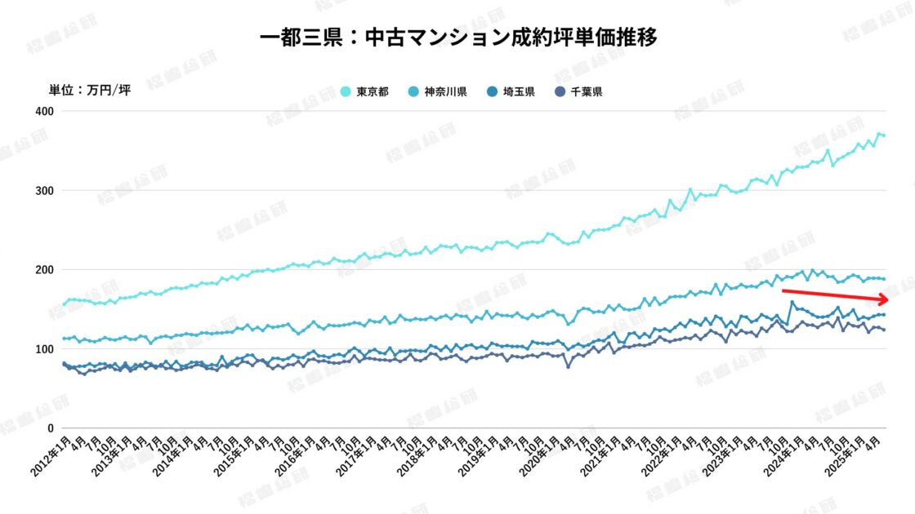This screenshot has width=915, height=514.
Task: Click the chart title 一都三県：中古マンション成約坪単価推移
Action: pyautogui.click(x=457, y=38)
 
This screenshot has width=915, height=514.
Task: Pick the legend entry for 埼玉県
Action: pyautogui.click(x=511, y=91)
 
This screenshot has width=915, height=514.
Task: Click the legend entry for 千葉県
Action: pyautogui.click(x=579, y=91)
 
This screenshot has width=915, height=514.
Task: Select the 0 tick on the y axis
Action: pyautogui.click(x=50, y=428)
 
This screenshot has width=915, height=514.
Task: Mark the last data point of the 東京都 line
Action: pyautogui.click(x=884, y=135)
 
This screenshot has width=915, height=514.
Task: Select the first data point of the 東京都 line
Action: pyautogui.click(x=64, y=304)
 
